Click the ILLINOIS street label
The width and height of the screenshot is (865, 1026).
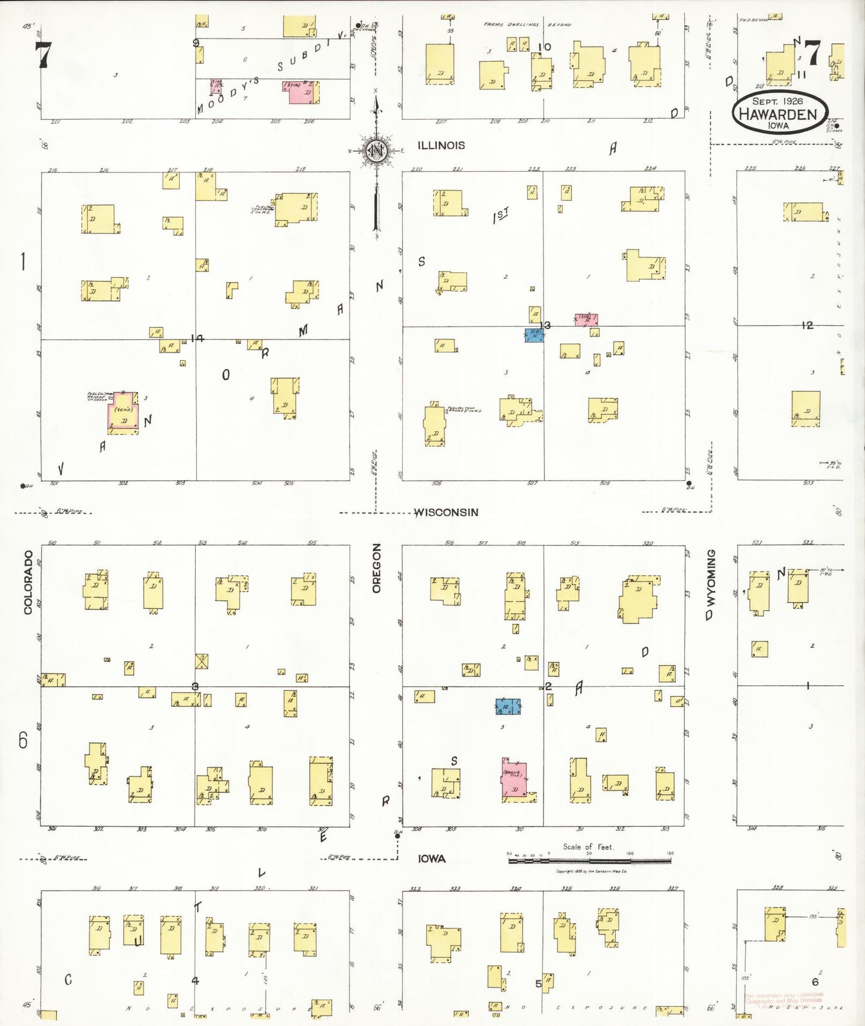pos(441,145)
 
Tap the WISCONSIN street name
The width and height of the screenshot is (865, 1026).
pos(447,512)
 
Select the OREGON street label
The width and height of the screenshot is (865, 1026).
pos(377,568)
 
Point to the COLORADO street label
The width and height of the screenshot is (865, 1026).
pos(28,582)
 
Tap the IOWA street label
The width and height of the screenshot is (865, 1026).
pos(432,859)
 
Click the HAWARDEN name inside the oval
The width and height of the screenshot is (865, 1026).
pos(778,114)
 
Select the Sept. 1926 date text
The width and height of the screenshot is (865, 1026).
pos(778,101)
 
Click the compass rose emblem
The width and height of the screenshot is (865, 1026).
pos(377,150)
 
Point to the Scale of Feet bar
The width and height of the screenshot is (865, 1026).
pos(590,860)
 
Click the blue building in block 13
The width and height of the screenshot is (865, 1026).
pos(534,335)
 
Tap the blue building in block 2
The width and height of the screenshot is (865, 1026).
pos(508,707)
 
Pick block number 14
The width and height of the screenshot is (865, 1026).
pos(197,339)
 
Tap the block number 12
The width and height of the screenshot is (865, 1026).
pos(808,325)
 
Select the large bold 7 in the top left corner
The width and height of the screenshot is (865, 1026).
pos(43,55)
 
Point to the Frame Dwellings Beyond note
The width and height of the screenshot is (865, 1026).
pos(527,25)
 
